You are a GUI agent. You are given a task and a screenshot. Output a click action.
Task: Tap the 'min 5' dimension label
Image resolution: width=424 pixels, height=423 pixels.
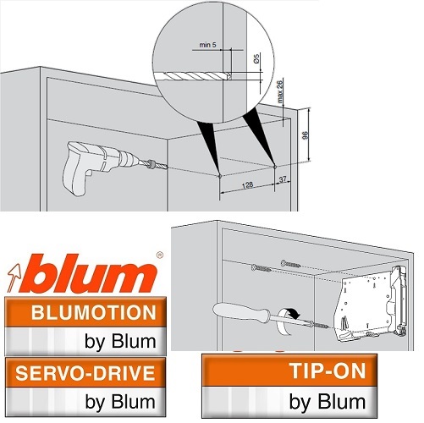(208, 45)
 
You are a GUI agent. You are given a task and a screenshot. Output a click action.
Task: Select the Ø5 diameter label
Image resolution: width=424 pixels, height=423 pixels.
(256, 58)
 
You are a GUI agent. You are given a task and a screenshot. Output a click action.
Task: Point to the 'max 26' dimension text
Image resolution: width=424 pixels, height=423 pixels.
(280, 91)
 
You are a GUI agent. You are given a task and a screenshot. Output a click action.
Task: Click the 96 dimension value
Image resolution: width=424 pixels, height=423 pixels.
(305, 135)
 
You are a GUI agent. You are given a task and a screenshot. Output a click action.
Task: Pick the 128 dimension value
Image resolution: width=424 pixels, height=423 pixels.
(247, 184)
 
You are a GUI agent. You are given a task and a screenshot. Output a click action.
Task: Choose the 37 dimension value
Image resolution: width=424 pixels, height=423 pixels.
(283, 179)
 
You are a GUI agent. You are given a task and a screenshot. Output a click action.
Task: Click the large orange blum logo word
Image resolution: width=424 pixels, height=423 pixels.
(92, 273)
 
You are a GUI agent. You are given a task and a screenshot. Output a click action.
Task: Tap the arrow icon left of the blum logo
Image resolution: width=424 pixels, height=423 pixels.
(14, 278)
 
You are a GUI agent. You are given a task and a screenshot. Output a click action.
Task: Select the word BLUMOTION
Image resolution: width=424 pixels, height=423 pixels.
(94, 313)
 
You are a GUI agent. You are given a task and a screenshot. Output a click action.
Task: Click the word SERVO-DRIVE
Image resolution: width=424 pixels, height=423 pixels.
(85, 373)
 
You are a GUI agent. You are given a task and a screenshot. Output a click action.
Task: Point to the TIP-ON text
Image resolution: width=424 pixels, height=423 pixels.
(328, 371)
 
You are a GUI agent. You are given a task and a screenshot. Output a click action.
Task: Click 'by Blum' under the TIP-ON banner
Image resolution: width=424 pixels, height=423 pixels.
(328, 401)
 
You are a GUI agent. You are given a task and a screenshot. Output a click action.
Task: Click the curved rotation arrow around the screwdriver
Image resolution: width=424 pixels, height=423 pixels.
(286, 321)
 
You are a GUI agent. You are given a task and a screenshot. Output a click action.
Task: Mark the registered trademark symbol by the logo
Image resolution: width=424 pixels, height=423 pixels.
(160, 255)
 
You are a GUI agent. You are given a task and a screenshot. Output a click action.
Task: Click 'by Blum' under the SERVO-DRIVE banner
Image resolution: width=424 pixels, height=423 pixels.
(120, 401)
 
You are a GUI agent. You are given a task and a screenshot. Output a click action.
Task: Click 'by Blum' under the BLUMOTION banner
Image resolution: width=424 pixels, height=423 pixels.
(120, 342)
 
